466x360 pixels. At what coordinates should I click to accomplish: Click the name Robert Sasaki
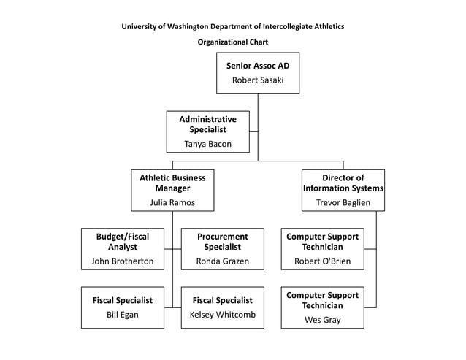(257, 80)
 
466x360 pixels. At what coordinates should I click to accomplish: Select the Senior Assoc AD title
(257, 66)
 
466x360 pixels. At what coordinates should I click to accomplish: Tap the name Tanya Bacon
(207, 144)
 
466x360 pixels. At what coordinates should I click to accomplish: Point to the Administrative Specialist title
(207, 124)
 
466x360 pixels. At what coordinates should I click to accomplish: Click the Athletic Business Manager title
(172, 183)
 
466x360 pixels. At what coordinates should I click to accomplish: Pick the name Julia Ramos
(172, 202)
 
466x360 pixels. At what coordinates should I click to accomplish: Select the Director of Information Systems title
(343, 183)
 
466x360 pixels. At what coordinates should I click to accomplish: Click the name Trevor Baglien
(343, 202)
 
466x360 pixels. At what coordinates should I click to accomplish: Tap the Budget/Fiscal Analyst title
(122, 242)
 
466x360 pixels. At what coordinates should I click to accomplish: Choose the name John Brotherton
(122, 261)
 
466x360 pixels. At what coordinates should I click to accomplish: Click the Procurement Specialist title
(222, 242)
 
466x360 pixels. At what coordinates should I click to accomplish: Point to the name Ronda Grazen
(222, 261)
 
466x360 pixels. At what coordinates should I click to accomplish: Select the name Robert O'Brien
(322, 261)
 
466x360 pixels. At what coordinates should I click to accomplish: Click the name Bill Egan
(122, 315)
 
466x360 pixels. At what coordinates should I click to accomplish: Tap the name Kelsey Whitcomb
(222, 315)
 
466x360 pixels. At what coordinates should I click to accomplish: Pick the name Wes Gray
(322, 320)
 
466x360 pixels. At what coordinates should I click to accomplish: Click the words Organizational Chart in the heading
(232, 42)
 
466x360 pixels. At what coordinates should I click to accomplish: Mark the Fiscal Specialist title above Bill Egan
(122, 300)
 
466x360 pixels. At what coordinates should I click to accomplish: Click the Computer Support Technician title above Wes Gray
(322, 300)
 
